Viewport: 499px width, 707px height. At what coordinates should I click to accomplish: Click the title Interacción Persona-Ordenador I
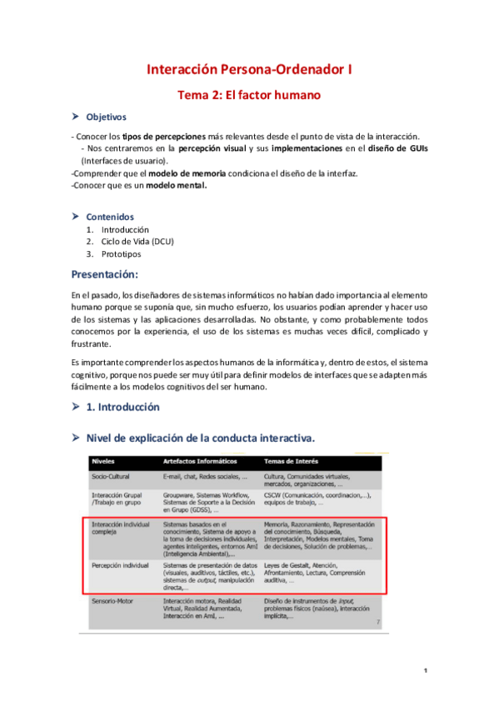click(249, 72)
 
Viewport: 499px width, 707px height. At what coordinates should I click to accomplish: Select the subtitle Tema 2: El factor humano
click(249, 95)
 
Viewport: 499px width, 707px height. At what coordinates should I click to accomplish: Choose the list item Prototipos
click(122, 254)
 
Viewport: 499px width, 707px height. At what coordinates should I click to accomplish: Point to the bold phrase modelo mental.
click(177, 186)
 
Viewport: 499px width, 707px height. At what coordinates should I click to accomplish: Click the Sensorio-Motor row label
click(114, 577)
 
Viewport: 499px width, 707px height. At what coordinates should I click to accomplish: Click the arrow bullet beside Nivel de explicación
click(77, 437)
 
